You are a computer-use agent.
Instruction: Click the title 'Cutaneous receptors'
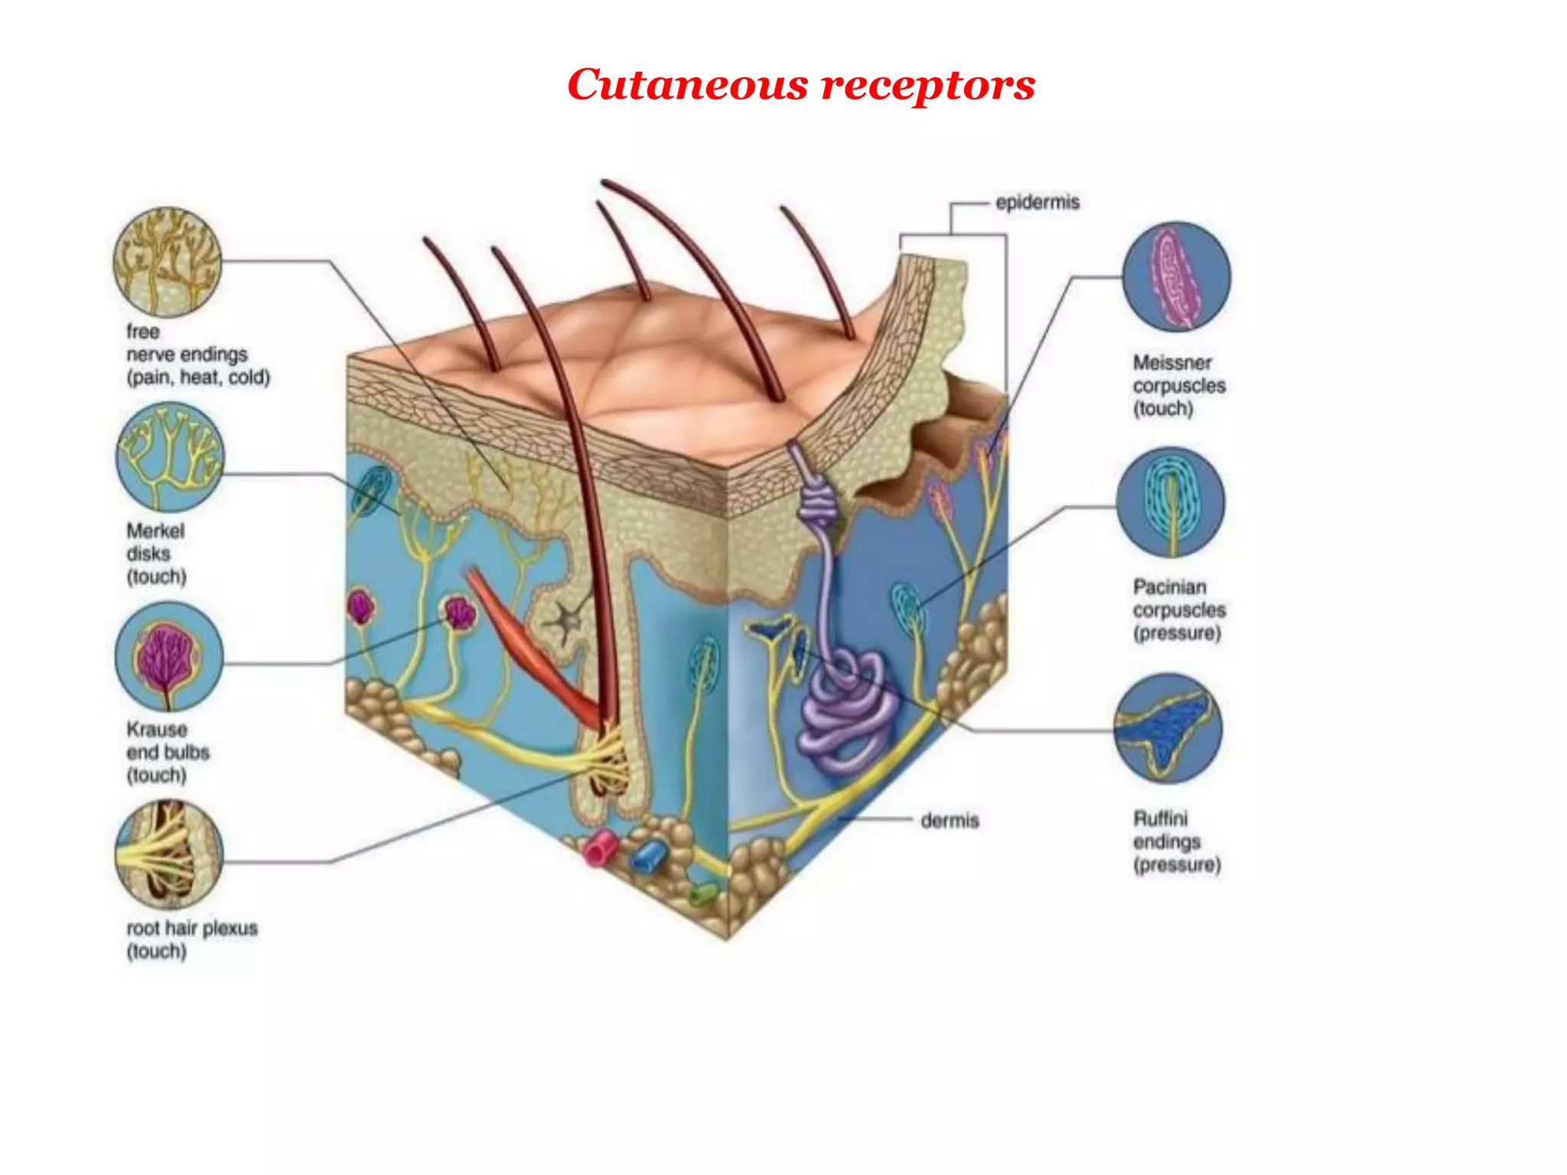coord(800,84)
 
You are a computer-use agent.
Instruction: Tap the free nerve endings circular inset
coord(168,262)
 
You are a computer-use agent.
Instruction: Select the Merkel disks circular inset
coord(170,457)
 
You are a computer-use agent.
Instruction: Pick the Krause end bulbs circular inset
coord(169,656)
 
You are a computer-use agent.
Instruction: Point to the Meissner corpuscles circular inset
coord(1176,277)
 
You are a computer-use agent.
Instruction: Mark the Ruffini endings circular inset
coord(1168,728)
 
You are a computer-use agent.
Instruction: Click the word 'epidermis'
coord(1038,203)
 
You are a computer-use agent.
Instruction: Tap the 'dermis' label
coord(950,821)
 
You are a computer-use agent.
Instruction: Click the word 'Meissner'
coord(1172,363)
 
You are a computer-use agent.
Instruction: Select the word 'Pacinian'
coord(1169,587)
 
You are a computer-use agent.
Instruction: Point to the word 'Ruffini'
coord(1160,819)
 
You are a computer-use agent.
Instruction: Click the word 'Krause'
coord(157,730)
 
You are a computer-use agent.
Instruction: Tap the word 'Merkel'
coord(155,531)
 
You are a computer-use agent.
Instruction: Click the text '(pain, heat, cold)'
coord(198,378)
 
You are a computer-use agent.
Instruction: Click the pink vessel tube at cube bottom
coord(600,848)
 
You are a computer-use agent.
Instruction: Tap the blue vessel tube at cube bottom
coord(649,855)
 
